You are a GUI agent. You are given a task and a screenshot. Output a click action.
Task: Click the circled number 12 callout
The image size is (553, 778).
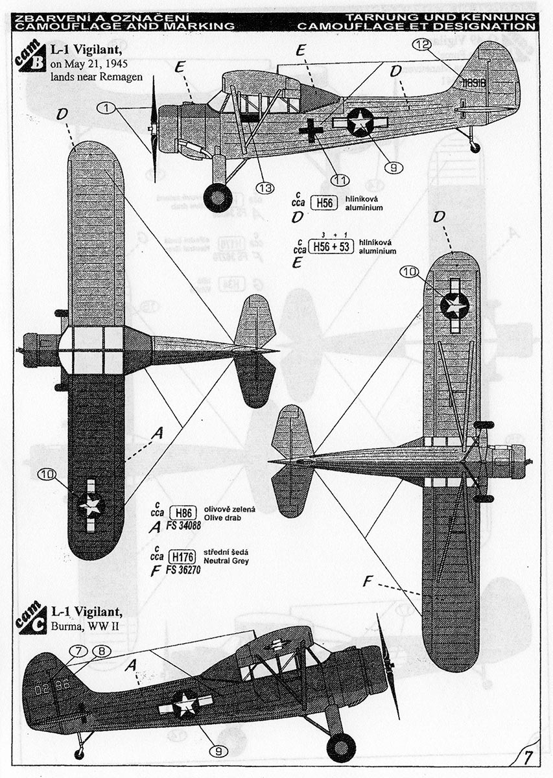point(421,45)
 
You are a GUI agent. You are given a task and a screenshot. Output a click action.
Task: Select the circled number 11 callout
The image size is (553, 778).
point(339,180)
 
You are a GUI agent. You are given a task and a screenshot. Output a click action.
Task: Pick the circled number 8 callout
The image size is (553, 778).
point(101,650)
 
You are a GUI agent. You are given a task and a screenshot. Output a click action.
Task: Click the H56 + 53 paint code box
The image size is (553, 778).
point(331,247)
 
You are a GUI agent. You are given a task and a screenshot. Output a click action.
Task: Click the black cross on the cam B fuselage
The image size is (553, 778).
point(311,130)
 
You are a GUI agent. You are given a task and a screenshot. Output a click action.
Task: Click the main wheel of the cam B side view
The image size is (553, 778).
point(218,197)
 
